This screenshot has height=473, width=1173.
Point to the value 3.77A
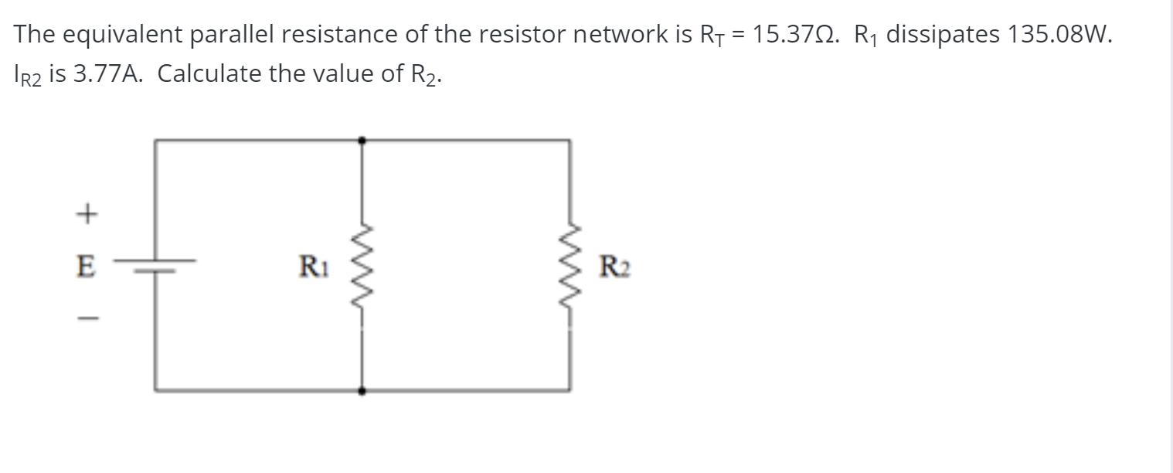[105, 74]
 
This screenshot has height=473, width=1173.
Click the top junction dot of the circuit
[362, 140]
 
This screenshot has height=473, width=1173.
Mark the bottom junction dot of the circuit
[362, 391]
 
